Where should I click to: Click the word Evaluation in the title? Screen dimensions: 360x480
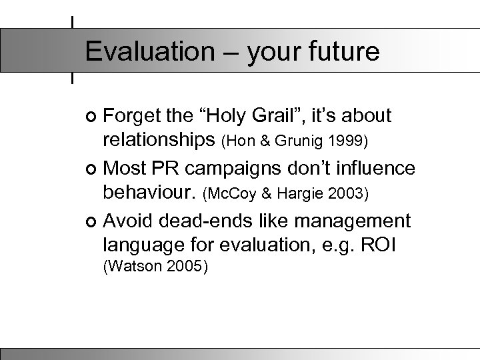[139, 52]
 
